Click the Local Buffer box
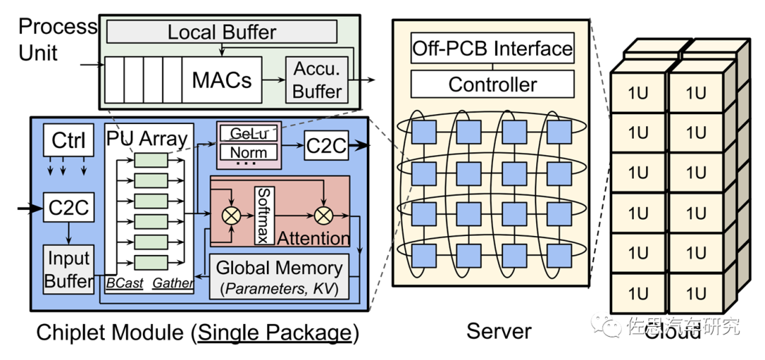pos(221,32)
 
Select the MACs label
pos(221,80)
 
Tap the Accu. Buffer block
pos(317,80)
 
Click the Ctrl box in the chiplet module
pos(68,141)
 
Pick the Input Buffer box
pos(69,269)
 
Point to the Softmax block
pos(263,215)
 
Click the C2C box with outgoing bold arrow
pos(326,146)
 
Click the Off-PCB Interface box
pos(492,49)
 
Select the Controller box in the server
pos(492,85)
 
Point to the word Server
pos(499,330)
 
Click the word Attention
pos(313,237)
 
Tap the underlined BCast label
pos(124,283)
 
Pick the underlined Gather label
pos(172,283)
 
